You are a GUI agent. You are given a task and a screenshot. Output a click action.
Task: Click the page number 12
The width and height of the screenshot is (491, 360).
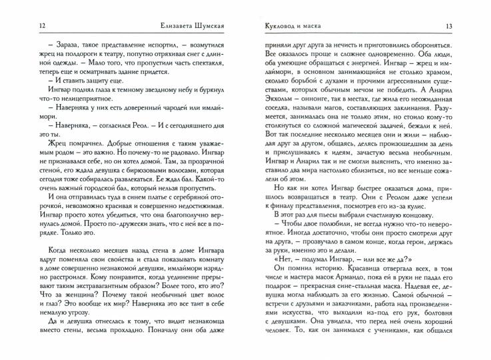[x=24, y=26]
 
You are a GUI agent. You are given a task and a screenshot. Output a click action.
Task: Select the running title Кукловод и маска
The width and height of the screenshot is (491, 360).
[x=287, y=26]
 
